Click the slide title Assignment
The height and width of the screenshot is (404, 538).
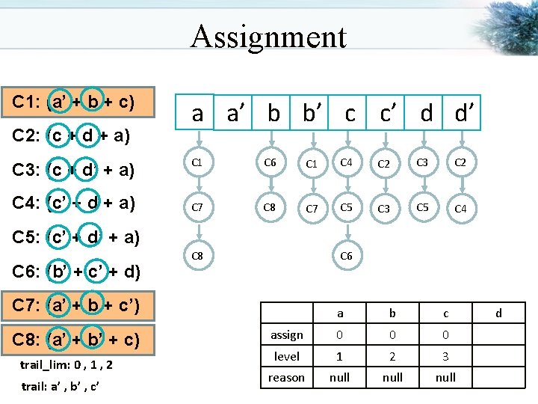point(268,36)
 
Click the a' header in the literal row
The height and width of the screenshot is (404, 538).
point(237,113)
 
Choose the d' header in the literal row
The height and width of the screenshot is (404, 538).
point(464,113)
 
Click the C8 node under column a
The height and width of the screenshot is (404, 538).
point(197,256)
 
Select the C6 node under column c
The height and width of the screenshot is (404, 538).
point(346,256)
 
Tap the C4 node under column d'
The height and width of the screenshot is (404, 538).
point(461,209)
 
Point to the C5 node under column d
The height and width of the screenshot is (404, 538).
point(422,206)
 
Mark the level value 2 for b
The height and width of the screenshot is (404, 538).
point(392,356)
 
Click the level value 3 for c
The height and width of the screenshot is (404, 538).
point(445,356)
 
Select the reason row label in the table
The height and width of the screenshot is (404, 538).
point(286,377)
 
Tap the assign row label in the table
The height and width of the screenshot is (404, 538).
point(286,334)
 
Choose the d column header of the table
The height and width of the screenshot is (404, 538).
point(498,313)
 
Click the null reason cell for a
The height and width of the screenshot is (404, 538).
point(339,377)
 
